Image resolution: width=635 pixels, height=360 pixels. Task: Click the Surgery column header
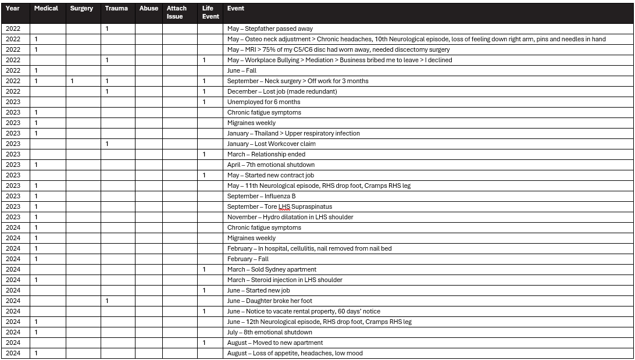(x=81, y=9)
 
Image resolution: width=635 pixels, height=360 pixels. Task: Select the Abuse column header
(x=149, y=9)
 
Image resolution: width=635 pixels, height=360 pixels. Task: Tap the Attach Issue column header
(x=177, y=12)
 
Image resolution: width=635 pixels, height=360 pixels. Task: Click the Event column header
(x=236, y=9)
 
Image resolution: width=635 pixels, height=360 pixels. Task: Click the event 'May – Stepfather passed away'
(x=270, y=28)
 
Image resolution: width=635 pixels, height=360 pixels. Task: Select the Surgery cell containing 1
(x=72, y=81)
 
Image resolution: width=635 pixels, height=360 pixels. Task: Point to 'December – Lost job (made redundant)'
(x=282, y=91)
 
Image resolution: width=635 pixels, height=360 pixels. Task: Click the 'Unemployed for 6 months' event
(x=263, y=102)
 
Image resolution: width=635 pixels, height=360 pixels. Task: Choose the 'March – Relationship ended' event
(x=266, y=154)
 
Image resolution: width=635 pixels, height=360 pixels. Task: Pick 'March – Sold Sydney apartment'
(x=272, y=269)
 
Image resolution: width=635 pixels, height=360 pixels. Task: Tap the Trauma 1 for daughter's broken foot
(x=107, y=301)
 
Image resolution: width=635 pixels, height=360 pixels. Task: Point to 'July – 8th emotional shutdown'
(x=269, y=332)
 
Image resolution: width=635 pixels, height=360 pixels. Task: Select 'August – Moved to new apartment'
(x=275, y=343)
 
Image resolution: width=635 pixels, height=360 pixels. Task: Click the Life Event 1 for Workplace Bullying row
(x=204, y=60)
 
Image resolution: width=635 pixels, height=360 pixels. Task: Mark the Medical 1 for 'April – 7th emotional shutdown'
(x=36, y=165)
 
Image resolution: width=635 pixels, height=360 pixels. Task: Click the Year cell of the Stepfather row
(x=13, y=28)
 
